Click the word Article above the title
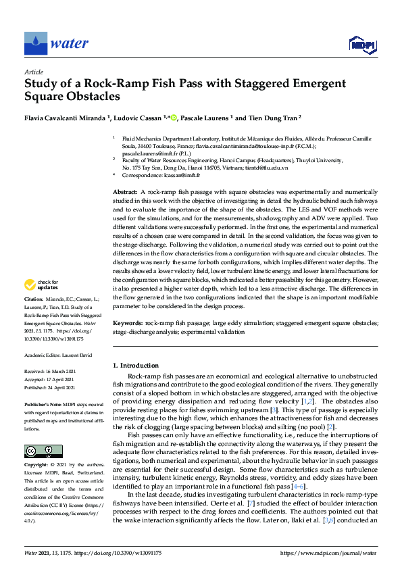point(33,72)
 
